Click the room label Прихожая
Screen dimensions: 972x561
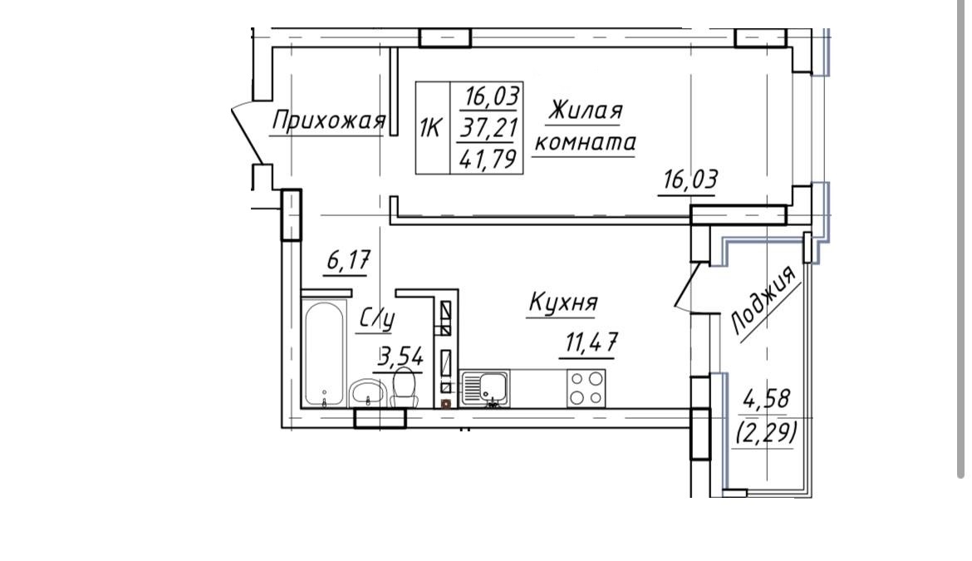(328, 121)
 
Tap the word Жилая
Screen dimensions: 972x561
(585, 111)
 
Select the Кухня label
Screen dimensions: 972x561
(563, 303)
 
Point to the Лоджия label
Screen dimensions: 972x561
(763, 301)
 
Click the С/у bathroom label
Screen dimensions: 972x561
(377, 318)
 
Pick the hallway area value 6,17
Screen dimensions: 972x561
(348, 260)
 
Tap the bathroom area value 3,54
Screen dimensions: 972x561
(401, 357)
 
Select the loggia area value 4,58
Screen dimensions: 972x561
(766, 400)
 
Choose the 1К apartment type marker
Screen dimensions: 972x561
(430, 128)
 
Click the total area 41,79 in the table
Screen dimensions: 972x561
(488, 160)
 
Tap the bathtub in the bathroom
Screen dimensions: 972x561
(324, 354)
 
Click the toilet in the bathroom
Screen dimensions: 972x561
(405, 386)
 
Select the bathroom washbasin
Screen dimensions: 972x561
(368, 393)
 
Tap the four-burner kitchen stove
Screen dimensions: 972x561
(586, 388)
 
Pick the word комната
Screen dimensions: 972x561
(585, 143)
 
